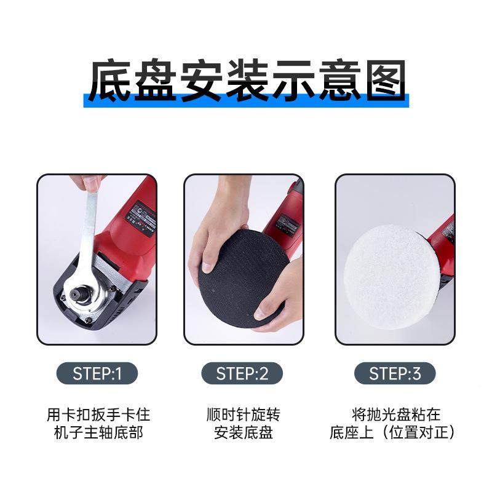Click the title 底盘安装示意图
pyautogui.click(x=246, y=81)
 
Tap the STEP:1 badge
pyautogui.click(x=97, y=373)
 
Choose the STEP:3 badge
pyautogui.click(x=394, y=373)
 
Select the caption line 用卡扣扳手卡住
pyautogui.click(x=98, y=415)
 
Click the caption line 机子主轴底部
pyautogui.click(x=98, y=433)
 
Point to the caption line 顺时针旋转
pyautogui.click(x=243, y=415)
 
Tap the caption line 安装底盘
pyautogui.click(x=243, y=433)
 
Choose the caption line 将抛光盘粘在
pyautogui.click(x=395, y=415)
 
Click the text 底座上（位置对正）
pyautogui.click(x=395, y=433)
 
